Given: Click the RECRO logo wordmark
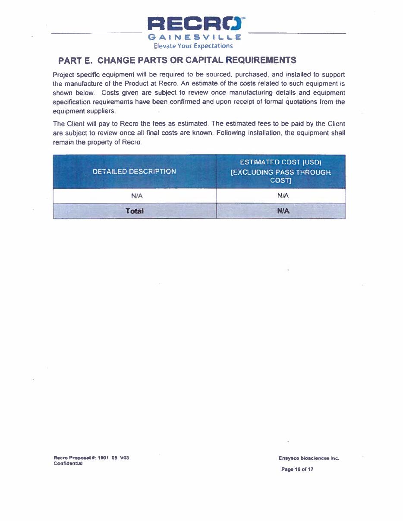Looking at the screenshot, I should pyautogui.click(x=196, y=24).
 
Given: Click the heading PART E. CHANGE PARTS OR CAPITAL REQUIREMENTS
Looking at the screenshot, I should pyautogui.click(x=177, y=60).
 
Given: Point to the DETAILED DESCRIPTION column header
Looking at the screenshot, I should pyautogui.click(x=134, y=171).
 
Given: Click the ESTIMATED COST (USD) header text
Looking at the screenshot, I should pyautogui.click(x=280, y=162).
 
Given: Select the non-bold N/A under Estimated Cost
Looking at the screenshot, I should pyautogui.click(x=283, y=196).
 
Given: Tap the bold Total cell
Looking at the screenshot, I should pyautogui.click(x=134, y=211).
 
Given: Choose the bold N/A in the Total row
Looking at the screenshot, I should pyautogui.click(x=283, y=211).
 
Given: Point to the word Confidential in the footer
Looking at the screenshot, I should pyautogui.click(x=68, y=463).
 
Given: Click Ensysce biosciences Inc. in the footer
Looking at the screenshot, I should pyautogui.click(x=309, y=458).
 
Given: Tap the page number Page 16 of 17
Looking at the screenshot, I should pyautogui.click(x=297, y=469).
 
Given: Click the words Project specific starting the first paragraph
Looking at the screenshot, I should pyautogui.click(x=76, y=75).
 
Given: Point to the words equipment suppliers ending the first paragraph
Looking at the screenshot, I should pyautogui.click(x=84, y=111).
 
